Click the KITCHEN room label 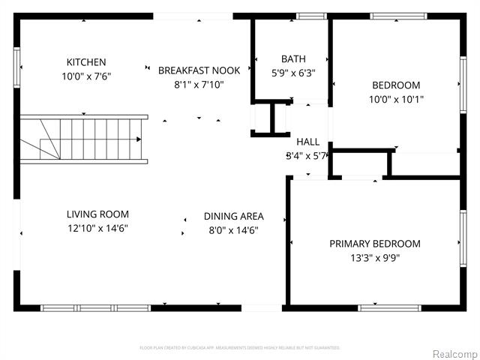[86, 62]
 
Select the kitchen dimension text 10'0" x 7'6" [86, 76]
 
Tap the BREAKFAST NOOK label [199, 70]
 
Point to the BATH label [292, 59]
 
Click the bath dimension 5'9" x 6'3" [292, 73]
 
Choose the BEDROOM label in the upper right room [394, 85]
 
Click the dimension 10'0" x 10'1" [394, 99]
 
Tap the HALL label [307, 142]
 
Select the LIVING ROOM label [97, 214]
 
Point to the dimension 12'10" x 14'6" [97, 229]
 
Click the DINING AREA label [233, 217]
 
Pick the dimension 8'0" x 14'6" [233, 231]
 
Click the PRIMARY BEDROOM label [375, 244]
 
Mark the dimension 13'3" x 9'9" [375, 258]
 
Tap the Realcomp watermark [451, 353]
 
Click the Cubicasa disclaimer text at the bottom [240, 348]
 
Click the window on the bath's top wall [310, 16]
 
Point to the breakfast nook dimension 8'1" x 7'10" [199, 85]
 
